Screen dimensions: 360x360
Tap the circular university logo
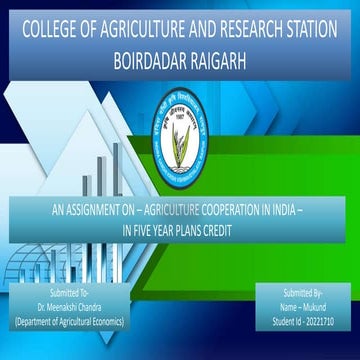tap(181, 119)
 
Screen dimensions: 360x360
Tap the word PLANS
tap(192, 228)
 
